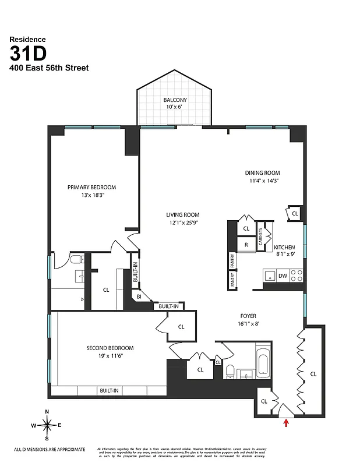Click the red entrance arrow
tap(285, 423)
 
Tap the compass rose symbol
tap(47, 425)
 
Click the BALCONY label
tap(175, 100)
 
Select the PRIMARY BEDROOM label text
tap(91, 187)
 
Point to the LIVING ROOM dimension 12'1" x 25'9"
tap(183, 222)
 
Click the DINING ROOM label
tap(262, 173)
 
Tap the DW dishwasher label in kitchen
tap(283, 276)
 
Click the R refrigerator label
tap(246, 245)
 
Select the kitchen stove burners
tap(297, 276)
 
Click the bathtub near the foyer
tap(262, 361)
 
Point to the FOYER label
tap(248, 316)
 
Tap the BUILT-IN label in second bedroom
tap(109, 390)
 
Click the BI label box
tap(139, 296)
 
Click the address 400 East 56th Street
tap(49, 68)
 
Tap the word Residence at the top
tap(27, 40)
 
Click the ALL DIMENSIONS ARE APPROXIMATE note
tap(50, 449)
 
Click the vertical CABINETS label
tap(262, 235)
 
